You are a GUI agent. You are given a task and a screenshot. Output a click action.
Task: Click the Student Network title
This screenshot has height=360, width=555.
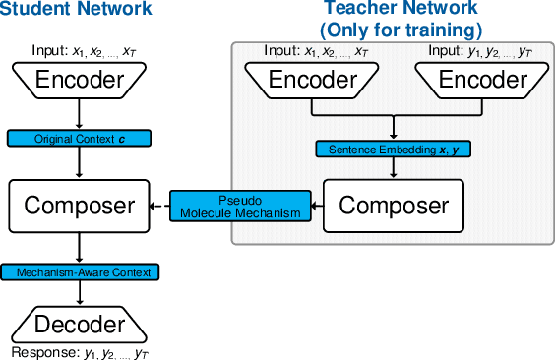pyautogui.click(x=77, y=11)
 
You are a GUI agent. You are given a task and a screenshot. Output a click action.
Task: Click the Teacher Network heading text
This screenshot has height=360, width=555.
pyautogui.click(x=393, y=10)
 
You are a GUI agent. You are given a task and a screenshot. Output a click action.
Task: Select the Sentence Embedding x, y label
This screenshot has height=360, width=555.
pyautogui.click(x=393, y=150)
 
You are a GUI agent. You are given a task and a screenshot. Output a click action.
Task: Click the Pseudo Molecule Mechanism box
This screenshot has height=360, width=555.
pyautogui.click(x=240, y=206)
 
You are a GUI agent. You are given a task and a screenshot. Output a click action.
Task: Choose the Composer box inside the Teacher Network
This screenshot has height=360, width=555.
pyautogui.click(x=393, y=206)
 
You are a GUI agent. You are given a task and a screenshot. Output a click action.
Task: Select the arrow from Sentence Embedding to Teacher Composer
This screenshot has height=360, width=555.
pyautogui.click(x=393, y=169)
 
